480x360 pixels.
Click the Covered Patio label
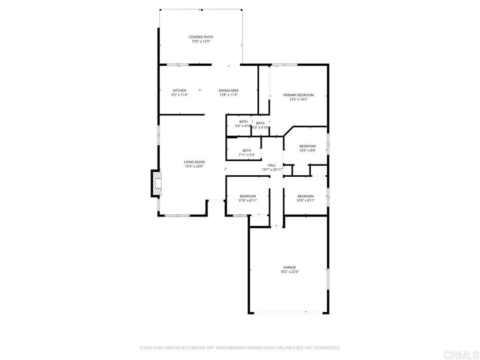(x=201, y=37)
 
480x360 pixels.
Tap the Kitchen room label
(x=180, y=90)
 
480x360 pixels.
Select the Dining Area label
(x=229, y=90)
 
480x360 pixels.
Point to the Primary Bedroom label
(x=298, y=95)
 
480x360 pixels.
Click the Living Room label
(x=194, y=162)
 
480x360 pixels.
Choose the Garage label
(x=289, y=267)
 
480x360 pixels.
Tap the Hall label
(x=272, y=165)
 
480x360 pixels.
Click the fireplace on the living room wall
(x=156, y=183)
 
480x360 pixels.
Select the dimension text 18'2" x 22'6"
(x=290, y=272)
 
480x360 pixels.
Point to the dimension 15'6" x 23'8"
(x=194, y=166)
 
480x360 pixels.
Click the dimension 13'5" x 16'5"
(x=298, y=99)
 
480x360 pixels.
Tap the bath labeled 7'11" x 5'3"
(x=247, y=150)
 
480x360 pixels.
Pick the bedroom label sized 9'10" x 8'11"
(x=247, y=196)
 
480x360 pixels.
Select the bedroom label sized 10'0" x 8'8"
(x=307, y=146)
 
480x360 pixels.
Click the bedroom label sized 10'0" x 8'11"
(x=305, y=196)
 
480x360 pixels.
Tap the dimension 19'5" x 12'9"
(x=201, y=41)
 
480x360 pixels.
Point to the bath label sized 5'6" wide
(x=243, y=122)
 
